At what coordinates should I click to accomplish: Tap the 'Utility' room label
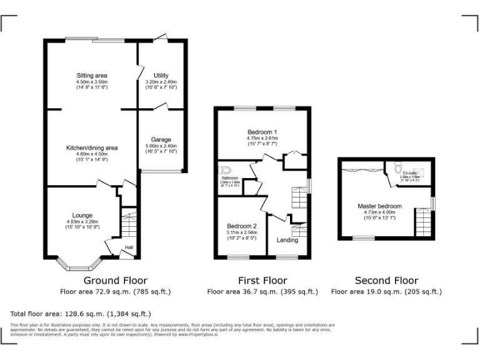pos(161,75)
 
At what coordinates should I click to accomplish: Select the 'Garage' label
pos(161,139)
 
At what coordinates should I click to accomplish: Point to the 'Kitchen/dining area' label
pos(92,148)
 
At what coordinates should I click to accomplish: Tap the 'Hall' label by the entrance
pos(129,247)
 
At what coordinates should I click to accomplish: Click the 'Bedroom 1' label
pos(262,132)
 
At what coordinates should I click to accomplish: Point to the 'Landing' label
pos(287,240)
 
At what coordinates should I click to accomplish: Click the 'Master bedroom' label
pos(379,206)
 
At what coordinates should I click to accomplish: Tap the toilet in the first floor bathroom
pos(226,170)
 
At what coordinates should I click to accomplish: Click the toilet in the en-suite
pos(396,169)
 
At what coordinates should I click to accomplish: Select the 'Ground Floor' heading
pos(115,281)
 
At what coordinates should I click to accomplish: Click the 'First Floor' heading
pos(262,281)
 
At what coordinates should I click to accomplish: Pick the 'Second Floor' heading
pos(386,281)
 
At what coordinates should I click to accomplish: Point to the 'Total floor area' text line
pos(81,314)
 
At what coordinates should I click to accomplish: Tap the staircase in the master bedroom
pos(423,222)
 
